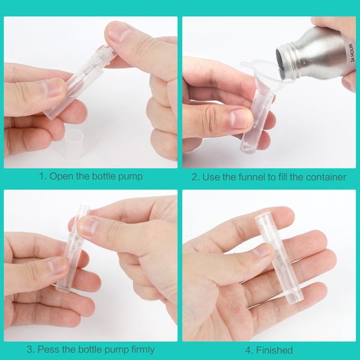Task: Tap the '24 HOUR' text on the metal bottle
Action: [x=351, y=53]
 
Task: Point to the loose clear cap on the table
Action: [x=74, y=143]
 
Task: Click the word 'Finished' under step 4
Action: [x=274, y=350]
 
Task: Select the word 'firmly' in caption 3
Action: [x=143, y=350]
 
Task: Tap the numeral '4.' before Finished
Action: [x=249, y=350]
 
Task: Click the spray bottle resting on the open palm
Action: [x=278, y=257]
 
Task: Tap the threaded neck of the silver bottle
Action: [x=291, y=59]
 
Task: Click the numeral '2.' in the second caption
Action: [x=196, y=177]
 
